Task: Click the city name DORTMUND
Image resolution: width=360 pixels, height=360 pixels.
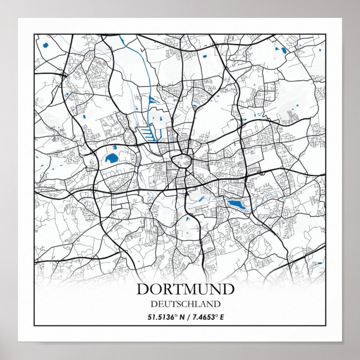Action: [185, 290]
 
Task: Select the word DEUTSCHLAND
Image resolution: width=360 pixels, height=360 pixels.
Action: [185, 304]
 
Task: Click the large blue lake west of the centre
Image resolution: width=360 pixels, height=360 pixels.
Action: [111, 158]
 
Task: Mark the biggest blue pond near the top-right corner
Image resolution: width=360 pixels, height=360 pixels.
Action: [283, 51]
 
